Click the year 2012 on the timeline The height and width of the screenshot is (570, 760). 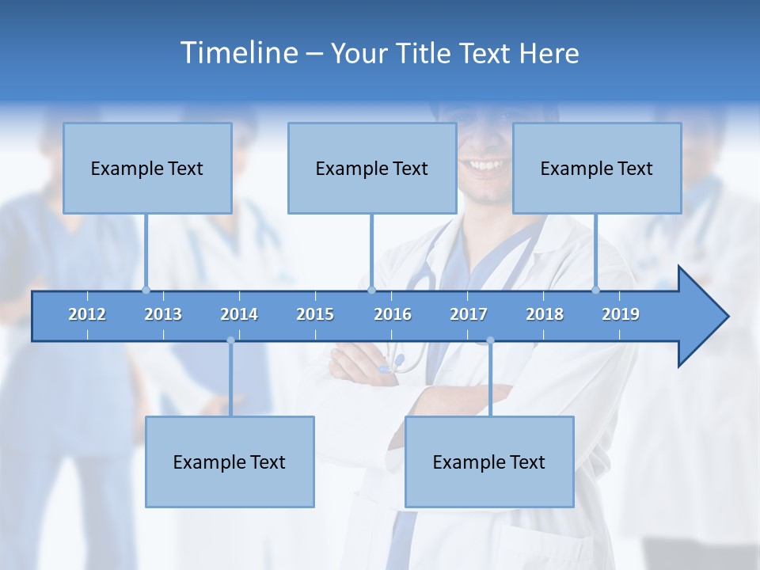click(87, 314)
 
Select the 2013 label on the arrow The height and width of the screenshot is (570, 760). click(163, 314)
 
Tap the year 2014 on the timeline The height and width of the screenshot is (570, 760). click(239, 314)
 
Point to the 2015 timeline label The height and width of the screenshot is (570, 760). click(315, 314)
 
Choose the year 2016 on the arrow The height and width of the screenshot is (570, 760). click(393, 314)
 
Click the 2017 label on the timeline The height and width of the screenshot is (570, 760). click(469, 314)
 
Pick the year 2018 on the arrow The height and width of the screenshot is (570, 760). click(545, 314)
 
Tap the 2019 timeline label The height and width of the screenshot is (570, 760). click(621, 314)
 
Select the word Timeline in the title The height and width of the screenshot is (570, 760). click(239, 53)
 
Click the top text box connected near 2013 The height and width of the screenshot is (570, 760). click(147, 168)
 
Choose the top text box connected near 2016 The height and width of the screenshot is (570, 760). click(372, 168)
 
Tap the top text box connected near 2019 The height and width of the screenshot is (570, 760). click(597, 168)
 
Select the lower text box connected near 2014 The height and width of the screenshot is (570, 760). click(230, 462)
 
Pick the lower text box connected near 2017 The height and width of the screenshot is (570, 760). click(489, 462)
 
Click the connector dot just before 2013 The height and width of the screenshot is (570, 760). click(146, 290)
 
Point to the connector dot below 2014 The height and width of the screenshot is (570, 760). click(230, 340)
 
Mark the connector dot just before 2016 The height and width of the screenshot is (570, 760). click(371, 290)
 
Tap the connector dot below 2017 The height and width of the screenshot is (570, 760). click(490, 340)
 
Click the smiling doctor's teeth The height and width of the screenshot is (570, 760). click(485, 165)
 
